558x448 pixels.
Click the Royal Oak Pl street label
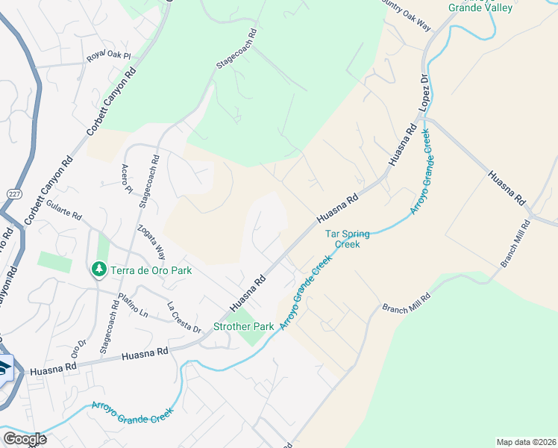108,57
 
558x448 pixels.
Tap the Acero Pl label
126,178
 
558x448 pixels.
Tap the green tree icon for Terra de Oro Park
98,268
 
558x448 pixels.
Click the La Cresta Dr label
184,317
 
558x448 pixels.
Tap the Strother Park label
244,326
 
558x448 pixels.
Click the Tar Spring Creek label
343,239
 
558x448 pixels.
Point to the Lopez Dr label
424,93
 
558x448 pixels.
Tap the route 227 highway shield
13,193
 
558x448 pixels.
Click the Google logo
25,439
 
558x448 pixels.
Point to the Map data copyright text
527,442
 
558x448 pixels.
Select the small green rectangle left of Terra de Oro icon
54,262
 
